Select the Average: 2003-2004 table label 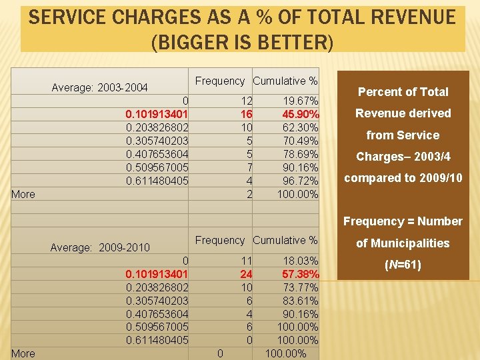[x=99, y=88]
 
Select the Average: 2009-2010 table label [x=100, y=247]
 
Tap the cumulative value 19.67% [x=301, y=101]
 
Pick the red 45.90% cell [x=301, y=114]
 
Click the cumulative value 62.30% [x=301, y=127]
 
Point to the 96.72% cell [x=301, y=181]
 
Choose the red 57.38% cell [x=301, y=274]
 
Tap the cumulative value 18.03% [x=301, y=261]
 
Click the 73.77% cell [x=301, y=287]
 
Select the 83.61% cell [x=301, y=301]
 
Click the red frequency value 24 [x=247, y=274]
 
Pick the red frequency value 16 [x=247, y=114]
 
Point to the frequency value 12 [x=247, y=101]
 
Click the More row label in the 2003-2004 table [x=23, y=195]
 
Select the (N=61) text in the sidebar [x=403, y=265]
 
